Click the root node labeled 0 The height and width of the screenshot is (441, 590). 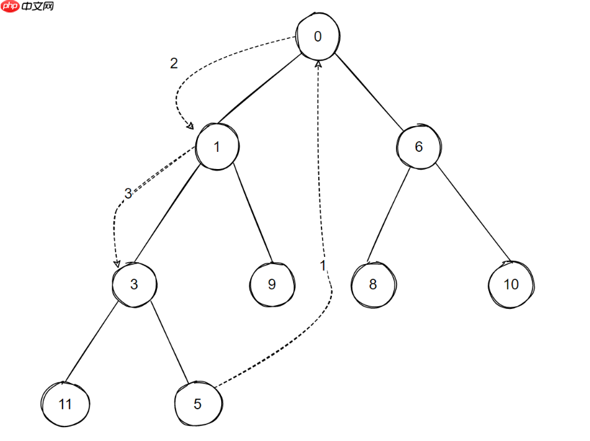click(x=317, y=36)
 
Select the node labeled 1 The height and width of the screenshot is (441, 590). click(x=217, y=147)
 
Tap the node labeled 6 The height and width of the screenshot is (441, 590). click(x=418, y=147)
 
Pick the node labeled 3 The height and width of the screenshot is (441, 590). click(x=134, y=285)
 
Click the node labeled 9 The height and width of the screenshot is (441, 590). click(x=271, y=285)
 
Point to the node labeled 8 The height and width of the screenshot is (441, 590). click(x=373, y=285)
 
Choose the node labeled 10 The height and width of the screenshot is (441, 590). click(x=511, y=285)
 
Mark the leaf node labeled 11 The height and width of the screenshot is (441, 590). click(x=65, y=404)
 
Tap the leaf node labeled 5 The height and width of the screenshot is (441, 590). click(x=197, y=404)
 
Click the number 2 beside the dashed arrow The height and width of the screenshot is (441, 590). click(x=174, y=63)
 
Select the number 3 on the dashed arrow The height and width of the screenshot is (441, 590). click(x=128, y=193)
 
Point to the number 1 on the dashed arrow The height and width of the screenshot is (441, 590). click(x=323, y=265)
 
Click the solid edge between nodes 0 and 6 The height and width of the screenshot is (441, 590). click(x=368, y=91)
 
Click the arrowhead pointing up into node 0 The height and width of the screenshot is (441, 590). click(x=318, y=64)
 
